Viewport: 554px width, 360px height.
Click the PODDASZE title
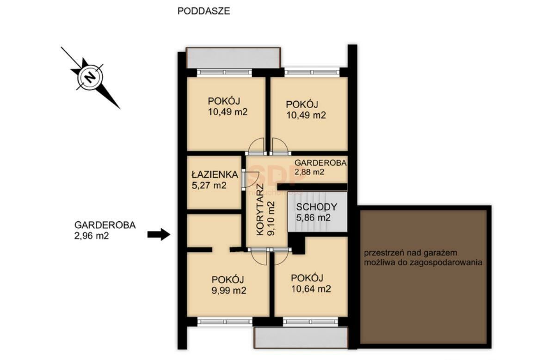click(x=203, y=11)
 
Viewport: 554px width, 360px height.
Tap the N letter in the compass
click(x=90, y=77)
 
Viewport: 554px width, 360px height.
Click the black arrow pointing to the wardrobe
click(x=159, y=234)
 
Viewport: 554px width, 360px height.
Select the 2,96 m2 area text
click(x=92, y=236)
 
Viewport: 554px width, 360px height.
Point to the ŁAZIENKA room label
click(x=215, y=174)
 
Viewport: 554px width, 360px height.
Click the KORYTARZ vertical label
click(x=260, y=210)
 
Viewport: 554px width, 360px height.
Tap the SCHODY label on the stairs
click(x=317, y=207)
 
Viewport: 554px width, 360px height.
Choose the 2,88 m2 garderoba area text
click(x=309, y=172)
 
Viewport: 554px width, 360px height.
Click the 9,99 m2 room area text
click(x=229, y=291)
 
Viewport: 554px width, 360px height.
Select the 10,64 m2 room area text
click(x=311, y=289)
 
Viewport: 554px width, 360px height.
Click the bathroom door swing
click(x=252, y=179)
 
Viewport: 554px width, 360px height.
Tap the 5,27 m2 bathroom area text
click(x=209, y=185)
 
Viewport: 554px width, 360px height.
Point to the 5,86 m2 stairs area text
click(x=314, y=218)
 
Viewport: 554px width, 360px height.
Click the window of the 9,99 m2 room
click(x=225, y=321)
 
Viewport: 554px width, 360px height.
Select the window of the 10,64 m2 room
click(x=311, y=321)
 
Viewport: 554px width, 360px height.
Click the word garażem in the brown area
click(x=436, y=253)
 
